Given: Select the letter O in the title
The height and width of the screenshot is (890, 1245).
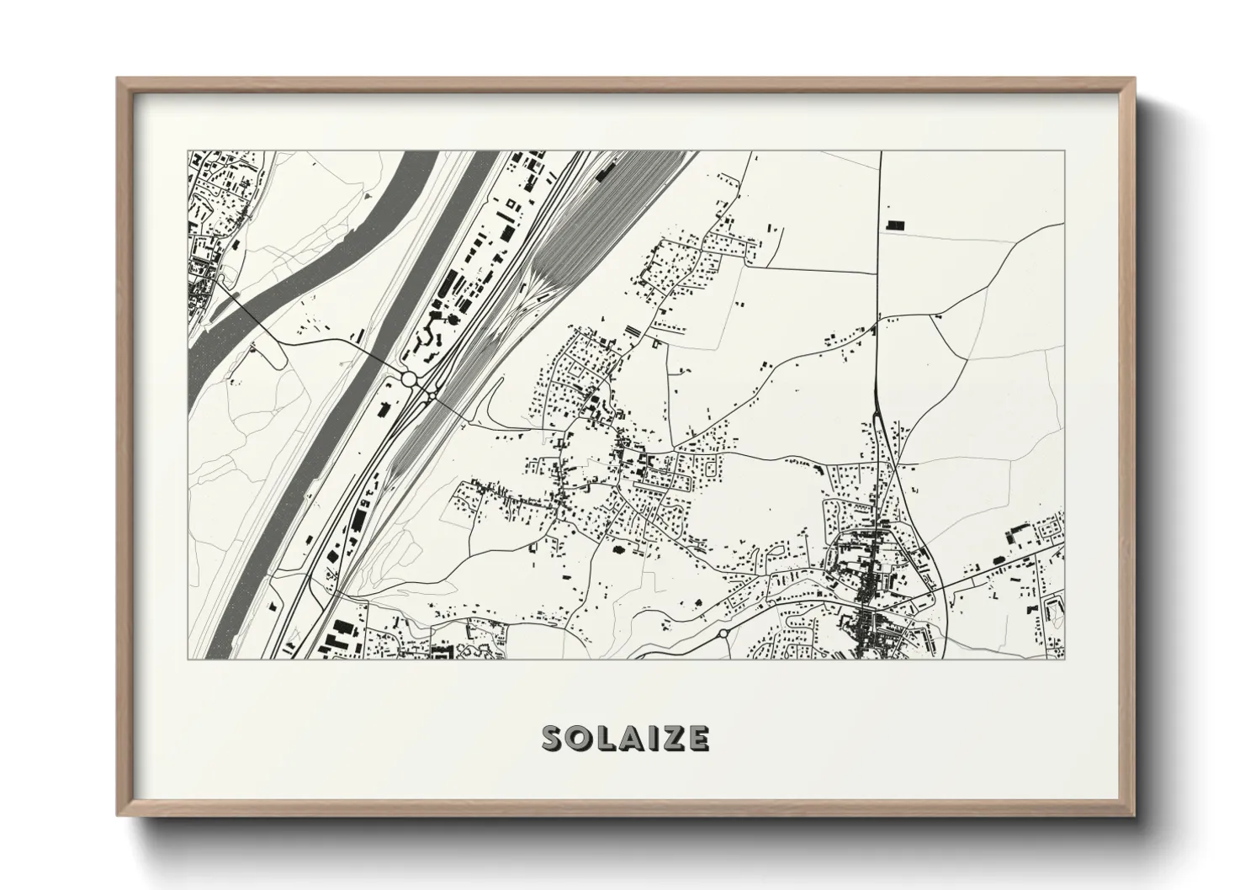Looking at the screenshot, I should click(582, 739).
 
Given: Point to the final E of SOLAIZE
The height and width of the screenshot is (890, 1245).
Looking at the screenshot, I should click(698, 739).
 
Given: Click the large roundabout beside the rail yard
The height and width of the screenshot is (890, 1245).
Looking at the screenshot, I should click(411, 379).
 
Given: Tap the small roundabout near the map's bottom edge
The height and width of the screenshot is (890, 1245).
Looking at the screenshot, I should click(723, 633).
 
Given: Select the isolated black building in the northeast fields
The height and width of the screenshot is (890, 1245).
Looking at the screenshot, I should click(893, 225).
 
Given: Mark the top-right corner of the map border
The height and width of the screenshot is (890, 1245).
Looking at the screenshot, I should click(1064, 152).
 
